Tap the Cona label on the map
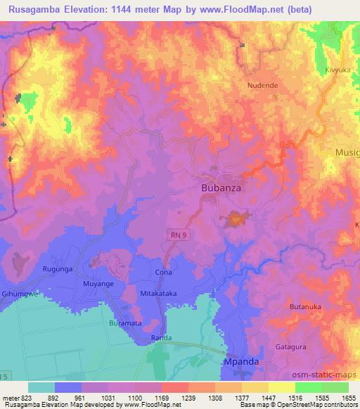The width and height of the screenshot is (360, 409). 163,271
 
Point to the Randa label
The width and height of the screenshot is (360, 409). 161,339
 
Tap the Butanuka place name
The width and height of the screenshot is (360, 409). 304,307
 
